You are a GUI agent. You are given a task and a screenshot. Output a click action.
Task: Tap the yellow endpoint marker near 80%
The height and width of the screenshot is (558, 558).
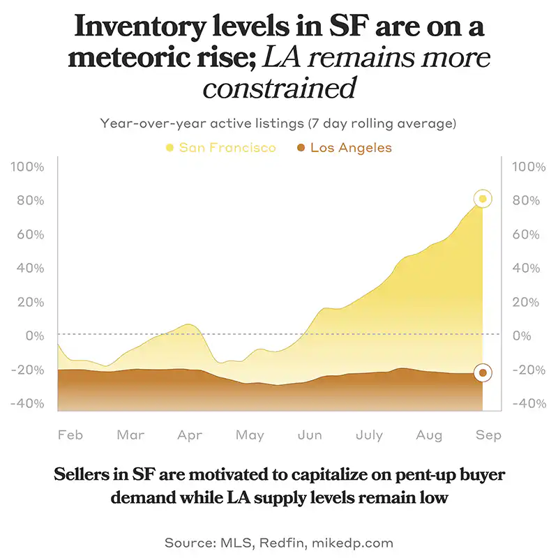pos(482,199)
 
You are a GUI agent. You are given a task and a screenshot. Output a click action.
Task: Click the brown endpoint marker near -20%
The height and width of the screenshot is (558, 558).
pos(482,372)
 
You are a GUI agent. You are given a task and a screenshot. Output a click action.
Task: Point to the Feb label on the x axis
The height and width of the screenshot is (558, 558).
pos(70,435)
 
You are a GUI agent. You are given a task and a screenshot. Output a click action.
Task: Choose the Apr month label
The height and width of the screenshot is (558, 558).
pos(190,435)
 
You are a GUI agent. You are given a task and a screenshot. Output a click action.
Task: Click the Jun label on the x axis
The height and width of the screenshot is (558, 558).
pos(310,435)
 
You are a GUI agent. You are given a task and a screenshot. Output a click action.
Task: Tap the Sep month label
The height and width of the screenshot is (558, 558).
pos(489,435)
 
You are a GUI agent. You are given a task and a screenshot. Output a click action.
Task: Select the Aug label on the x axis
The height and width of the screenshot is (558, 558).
pos(429,435)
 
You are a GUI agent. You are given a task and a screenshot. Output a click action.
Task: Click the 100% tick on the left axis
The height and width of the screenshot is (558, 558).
pos(28,167)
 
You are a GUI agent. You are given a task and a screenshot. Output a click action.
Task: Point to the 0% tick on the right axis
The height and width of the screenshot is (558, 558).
pos(522,336)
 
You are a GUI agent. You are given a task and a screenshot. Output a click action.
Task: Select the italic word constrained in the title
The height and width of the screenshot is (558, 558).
pos(279,89)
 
